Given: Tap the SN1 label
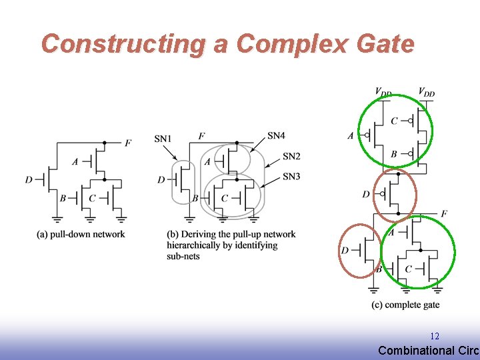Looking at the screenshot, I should coord(163,139).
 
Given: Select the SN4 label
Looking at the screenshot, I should coord(276,135).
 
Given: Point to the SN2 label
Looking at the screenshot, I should coord(291,156).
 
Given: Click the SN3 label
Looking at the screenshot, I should coord(291,176).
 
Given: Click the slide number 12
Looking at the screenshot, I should coord(435,337).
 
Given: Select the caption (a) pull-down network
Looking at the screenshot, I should coord(81,234).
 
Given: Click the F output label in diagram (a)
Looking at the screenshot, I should coord(127,143).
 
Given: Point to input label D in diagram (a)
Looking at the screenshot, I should coord(29,179).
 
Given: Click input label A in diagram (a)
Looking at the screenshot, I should coord(74,161).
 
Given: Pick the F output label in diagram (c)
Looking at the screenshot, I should coord(444,213).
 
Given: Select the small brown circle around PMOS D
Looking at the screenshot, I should coord(394,194).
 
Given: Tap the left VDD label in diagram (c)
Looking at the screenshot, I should coord(383,91).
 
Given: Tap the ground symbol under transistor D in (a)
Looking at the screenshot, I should coord(57,218).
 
